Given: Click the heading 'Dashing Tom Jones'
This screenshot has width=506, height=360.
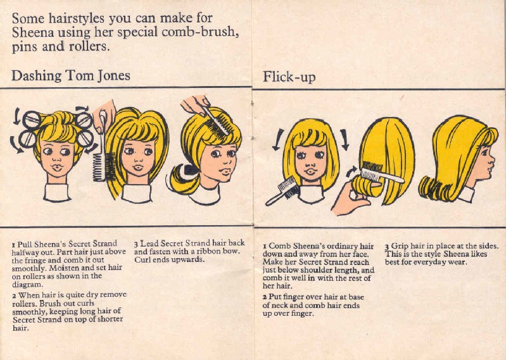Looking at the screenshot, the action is click(71, 76).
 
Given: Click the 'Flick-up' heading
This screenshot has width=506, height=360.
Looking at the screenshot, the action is click(289, 77).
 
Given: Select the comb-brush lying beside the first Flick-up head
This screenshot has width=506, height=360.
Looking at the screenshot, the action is click(282, 191).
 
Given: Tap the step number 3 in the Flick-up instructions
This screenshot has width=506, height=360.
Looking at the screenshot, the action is click(387, 247).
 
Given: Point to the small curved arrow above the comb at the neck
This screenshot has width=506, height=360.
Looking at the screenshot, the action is click(351, 171).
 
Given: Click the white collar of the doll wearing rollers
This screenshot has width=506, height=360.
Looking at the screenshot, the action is click(57, 192).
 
